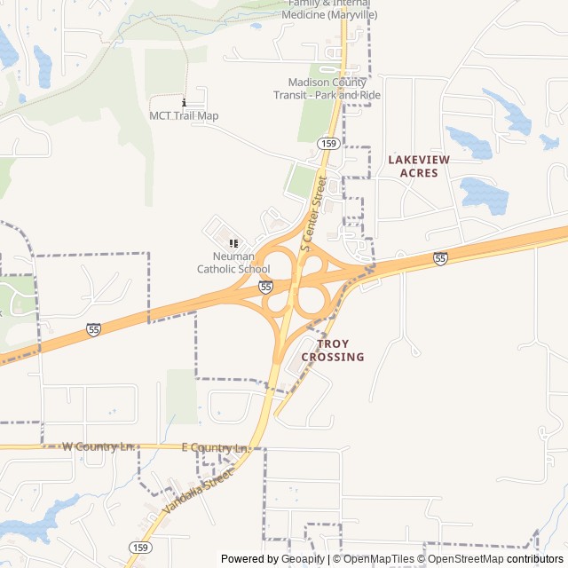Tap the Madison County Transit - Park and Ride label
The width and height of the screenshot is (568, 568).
click(327, 89)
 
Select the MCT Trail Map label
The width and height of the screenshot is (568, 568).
click(184, 115)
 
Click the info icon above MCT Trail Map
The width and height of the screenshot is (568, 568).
click(184, 102)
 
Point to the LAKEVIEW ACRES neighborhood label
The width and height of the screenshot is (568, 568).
click(419, 166)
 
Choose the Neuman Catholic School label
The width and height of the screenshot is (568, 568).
click(233, 263)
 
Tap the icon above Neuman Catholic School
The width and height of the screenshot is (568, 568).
click(233, 243)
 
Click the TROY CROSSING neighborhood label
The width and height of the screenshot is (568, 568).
click(333, 350)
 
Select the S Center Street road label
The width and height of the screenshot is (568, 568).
click(314, 213)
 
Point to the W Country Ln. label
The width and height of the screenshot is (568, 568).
click(98, 446)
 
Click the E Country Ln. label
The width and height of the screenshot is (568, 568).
click(214, 449)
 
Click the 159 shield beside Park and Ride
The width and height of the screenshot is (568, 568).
click(328, 143)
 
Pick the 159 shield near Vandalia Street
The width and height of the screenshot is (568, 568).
click(139, 547)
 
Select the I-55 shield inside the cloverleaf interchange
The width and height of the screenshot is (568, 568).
click(265, 286)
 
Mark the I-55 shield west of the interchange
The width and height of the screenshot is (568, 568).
click(94, 329)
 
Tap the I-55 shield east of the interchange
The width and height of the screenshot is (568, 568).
click(440, 258)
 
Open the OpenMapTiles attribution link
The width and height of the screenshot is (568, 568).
click(379, 559)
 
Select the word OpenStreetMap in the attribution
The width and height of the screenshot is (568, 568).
click(467, 559)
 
